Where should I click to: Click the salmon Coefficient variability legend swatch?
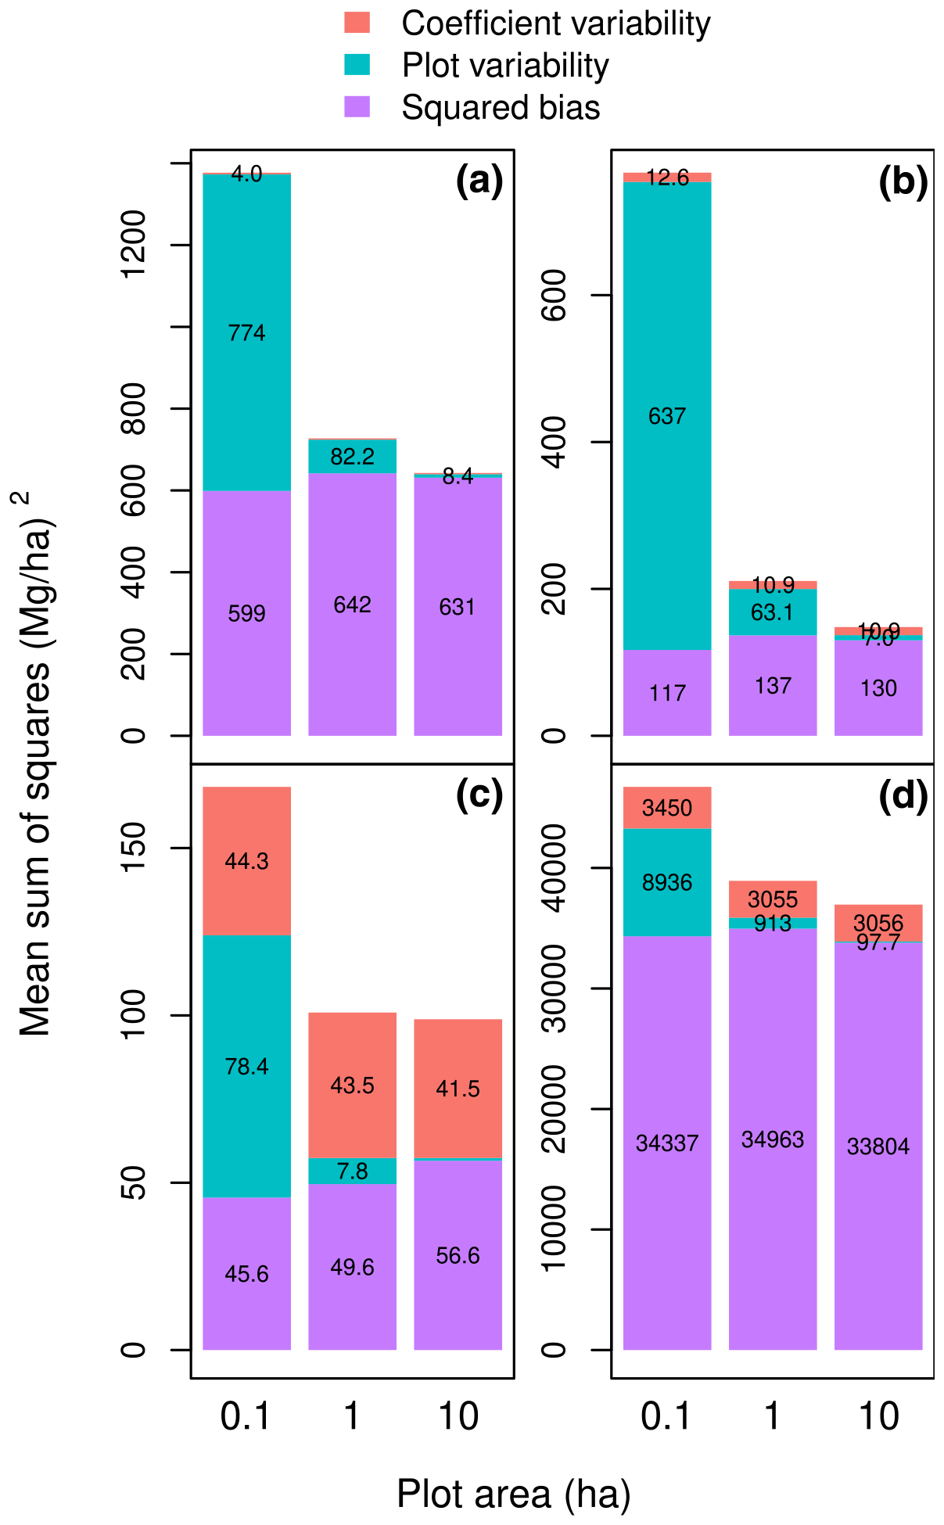(357, 23)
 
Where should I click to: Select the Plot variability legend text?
(504, 66)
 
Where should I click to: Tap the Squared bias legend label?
(501, 108)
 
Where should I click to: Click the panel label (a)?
(479, 181)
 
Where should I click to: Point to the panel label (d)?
(903, 796)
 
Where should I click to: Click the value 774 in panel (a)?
(246, 333)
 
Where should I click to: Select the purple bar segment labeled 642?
(352, 605)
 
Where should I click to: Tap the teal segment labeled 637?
(667, 416)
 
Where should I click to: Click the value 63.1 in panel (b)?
(772, 612)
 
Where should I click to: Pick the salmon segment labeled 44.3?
(246, 861)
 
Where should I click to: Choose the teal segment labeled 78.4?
(246, 1066)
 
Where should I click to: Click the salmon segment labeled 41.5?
(458, 1089)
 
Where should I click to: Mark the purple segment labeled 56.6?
(458, 1255)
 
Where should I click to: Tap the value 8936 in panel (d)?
(667, 882)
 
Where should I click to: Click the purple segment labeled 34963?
(773, 1139)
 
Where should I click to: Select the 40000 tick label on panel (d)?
(554, 868)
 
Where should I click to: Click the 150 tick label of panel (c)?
(135, 848)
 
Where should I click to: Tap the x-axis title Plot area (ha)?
(513, 1494)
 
